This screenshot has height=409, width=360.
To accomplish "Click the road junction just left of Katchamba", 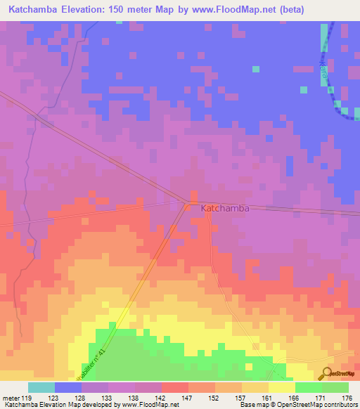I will [186, 204].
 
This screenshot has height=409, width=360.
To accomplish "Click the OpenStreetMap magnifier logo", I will [327, 374].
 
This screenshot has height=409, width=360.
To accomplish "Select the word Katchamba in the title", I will [41, 10].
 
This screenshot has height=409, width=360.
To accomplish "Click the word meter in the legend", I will [11, 398].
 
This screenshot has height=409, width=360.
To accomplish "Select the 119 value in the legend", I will [28, 398].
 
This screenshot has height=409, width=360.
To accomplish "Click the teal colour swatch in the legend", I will [41, 387].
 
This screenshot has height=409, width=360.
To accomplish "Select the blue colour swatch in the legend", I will [68, 387].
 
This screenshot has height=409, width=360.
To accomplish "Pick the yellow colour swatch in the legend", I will [282, 387].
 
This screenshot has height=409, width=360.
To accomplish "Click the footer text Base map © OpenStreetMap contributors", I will [297, 405].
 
